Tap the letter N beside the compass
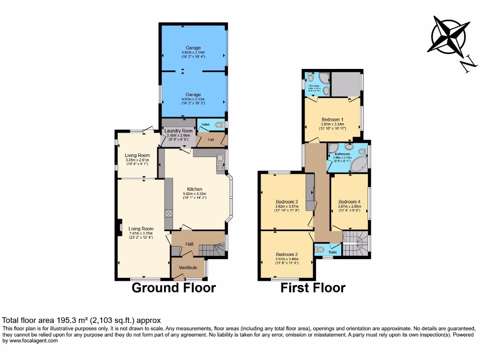click(467, 65)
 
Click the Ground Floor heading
click(173, 287)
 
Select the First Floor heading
click(313, 287)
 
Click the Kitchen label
click(195, 189)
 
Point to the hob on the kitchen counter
click(168, 214)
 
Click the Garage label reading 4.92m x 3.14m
click(193, 48)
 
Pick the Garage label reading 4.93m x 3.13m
click(193, 95)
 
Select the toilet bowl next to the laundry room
click(219, 124)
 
